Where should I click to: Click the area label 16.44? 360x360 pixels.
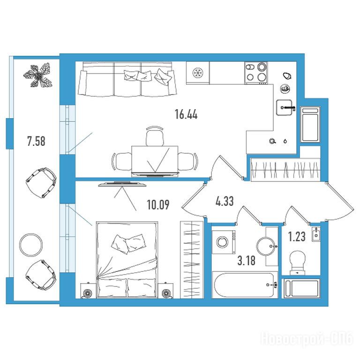(x=186, y=114)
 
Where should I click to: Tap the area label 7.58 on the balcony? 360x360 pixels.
(x=36, y=141)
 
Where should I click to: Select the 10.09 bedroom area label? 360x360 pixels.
(x=158, y=205)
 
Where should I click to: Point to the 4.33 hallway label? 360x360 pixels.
(x=225, y=201)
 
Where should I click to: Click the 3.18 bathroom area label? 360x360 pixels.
(x=247, y=261)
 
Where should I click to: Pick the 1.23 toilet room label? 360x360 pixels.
(x=297, y=237)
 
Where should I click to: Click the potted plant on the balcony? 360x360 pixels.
(x=38, y=75)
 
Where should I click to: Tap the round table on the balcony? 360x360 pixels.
(x=31, y=245)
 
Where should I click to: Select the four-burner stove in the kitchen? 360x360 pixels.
(x=256, y=73)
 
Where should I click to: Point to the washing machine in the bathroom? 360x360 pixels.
(x=224, y=242)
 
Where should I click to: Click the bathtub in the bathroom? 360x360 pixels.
(x=245, y=285)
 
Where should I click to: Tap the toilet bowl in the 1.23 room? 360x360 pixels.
(x=298, y=262)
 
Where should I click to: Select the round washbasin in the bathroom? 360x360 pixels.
(x=266, y=246)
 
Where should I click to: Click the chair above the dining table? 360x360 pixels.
(x=155, y=136)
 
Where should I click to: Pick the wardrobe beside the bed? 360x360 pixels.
(x=192, y=260)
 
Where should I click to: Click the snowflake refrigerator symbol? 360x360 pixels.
(x=198, y=73)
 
